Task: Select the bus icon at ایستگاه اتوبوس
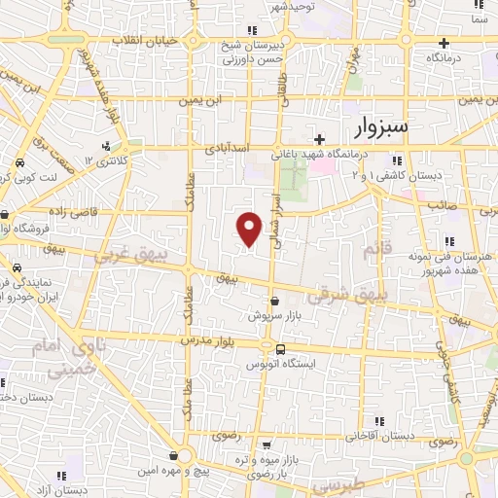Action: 280,349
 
